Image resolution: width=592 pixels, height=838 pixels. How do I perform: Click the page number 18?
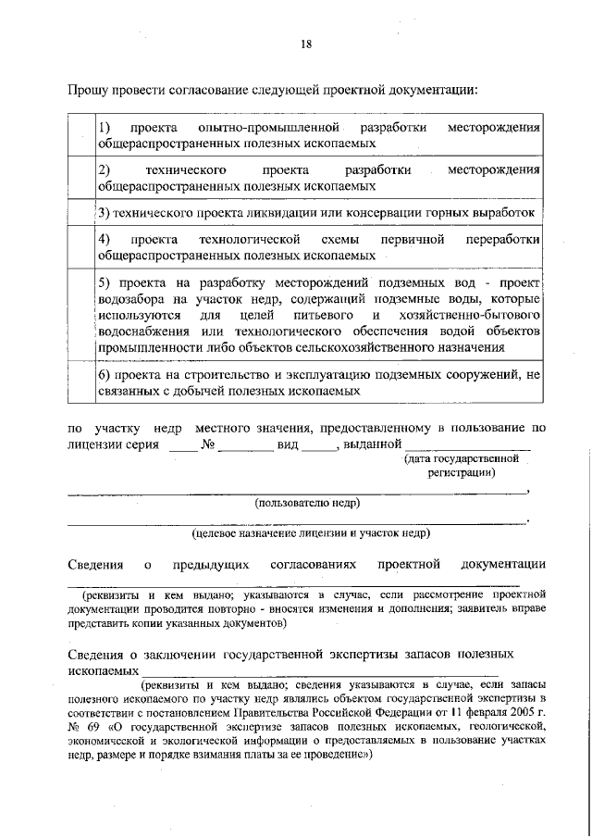click(306, 44)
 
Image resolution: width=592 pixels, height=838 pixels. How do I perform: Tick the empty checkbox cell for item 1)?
click(81, 135)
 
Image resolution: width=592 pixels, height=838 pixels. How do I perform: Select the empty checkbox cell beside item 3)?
click(81, 212)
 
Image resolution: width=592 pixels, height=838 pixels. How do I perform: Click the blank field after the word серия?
click(182, 445)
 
